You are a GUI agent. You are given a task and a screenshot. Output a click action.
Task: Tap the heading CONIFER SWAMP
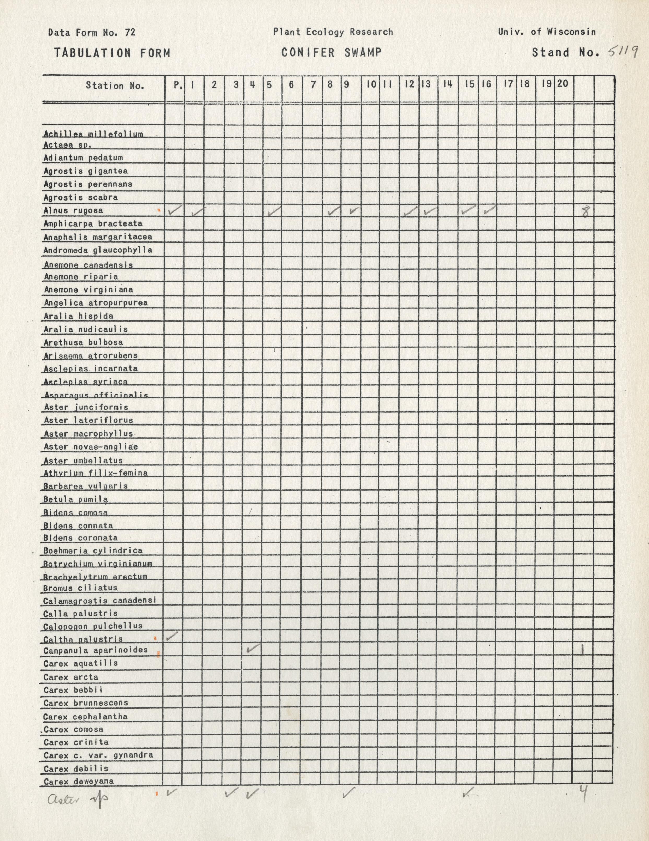pos(332,52)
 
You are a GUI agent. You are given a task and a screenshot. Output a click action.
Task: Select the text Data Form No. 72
pos(92,32)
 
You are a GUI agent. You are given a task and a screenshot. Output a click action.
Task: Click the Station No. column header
pos(115,86)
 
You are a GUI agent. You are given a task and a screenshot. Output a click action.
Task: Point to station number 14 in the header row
pos(447,84)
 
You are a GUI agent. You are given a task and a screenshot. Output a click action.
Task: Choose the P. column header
pos(178,85)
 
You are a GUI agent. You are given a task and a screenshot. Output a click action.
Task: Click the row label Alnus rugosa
pos(73,211)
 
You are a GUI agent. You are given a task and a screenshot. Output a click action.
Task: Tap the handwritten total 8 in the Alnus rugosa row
pos(585,212)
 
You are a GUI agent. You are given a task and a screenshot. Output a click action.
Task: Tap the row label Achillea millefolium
pos(93,134)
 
